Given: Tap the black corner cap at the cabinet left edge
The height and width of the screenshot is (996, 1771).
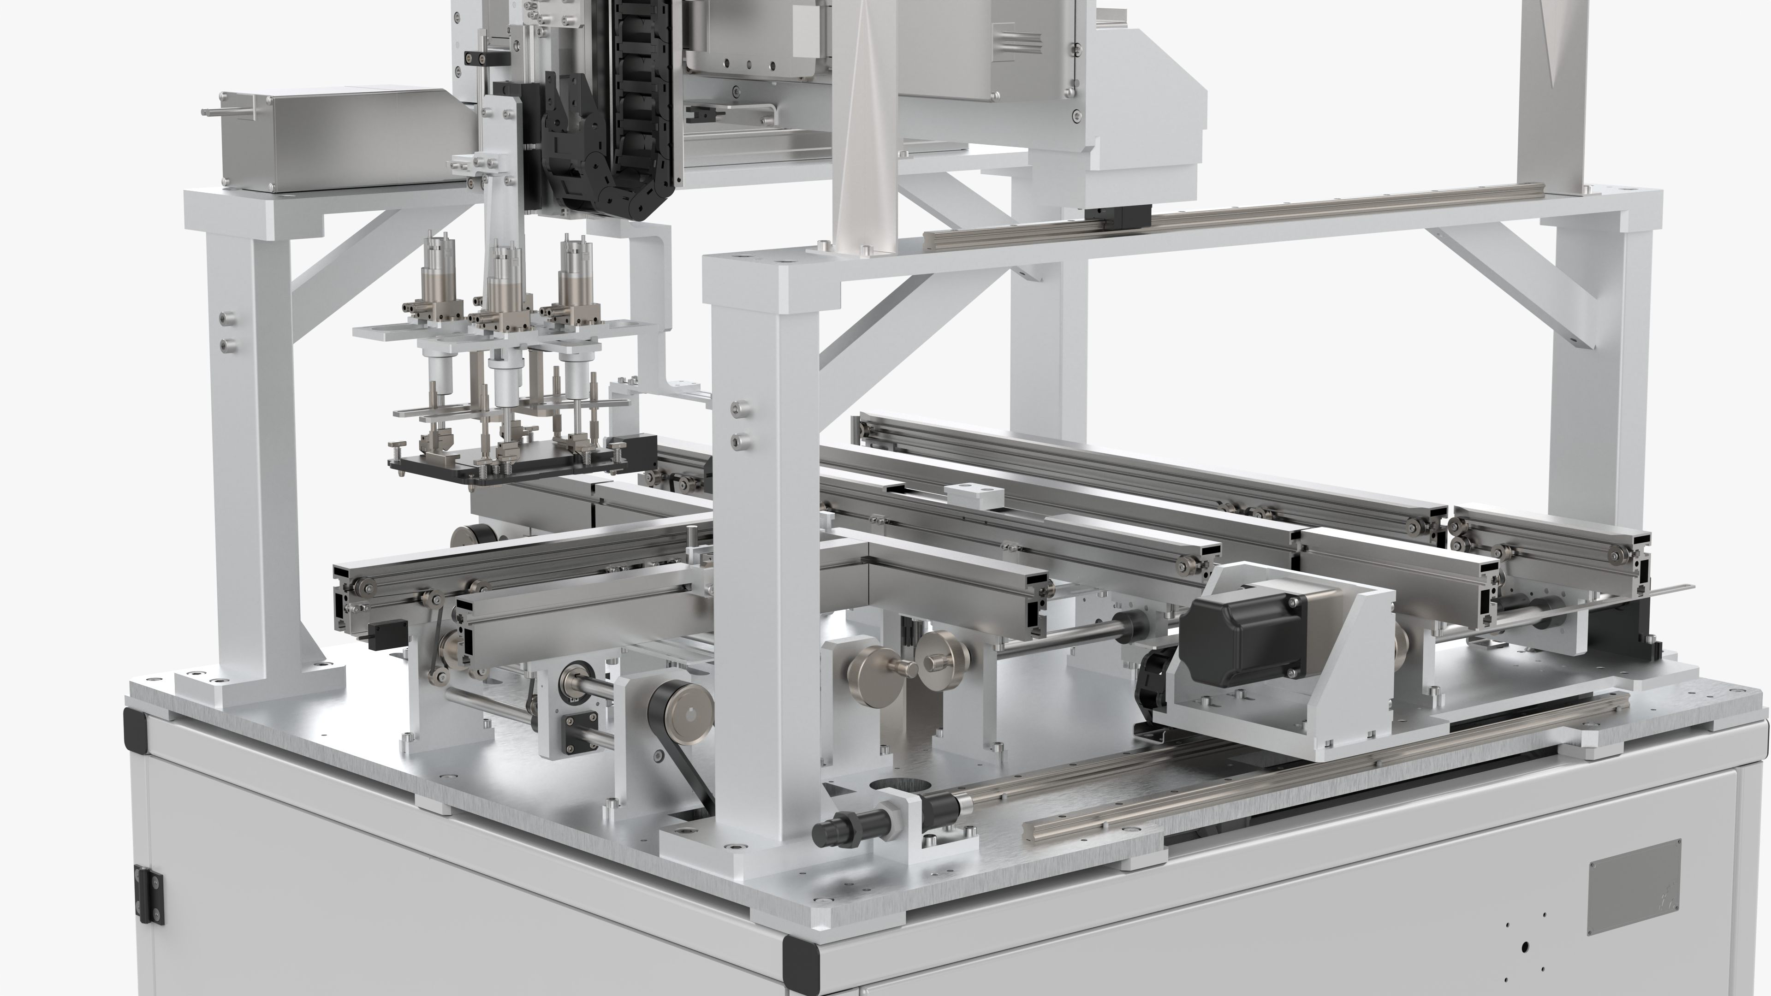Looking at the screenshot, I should pyautogui.click(x=134, y=729).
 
